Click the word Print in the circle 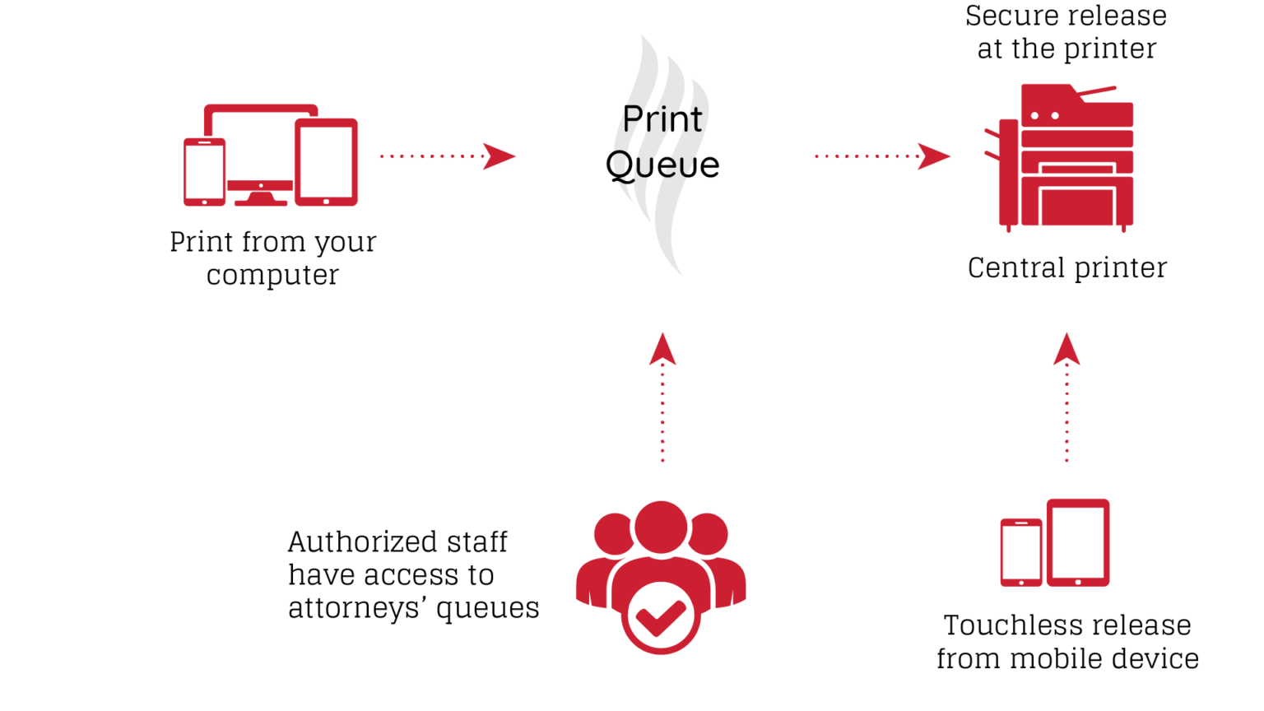click(x=662, y=119)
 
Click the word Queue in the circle click(x=662, y=165)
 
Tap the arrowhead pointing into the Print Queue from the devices click(x=498, y=156)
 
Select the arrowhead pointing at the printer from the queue click(x=934, y=156)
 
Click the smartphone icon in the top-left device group click(x=204, y=171)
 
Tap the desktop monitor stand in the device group click(x=260, y=197)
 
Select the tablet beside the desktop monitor click(x=326, y=162)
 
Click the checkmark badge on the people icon click(x=661, y=618)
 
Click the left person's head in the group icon click(x=613, y=533)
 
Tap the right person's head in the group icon click(x=709, y=533)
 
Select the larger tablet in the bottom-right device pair click(x=1078, y=541)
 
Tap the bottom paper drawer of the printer click(x=1076, y=207)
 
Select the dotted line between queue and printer click(x=864, y=156)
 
